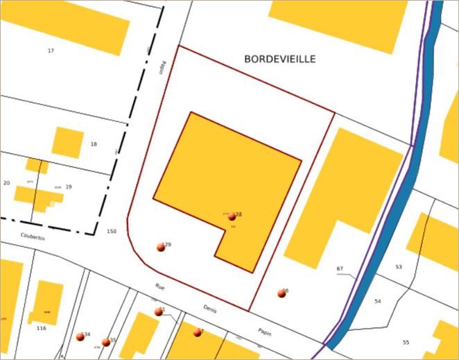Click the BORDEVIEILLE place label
(279, 60)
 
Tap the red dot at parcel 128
(232, 217)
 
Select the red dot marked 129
(161, 248)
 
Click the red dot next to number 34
(79, 336)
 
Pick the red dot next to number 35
(105, 342)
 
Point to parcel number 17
(51, 51)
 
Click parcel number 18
(94, 144)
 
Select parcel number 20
(6, 182)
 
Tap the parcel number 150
(112, 230)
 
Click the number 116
(41, 327)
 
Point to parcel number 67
(340, 268)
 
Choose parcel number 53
(399, 266)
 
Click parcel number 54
(378, 301)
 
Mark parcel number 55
(406, 342)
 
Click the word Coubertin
(32, 237)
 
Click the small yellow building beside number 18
(68, 142)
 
